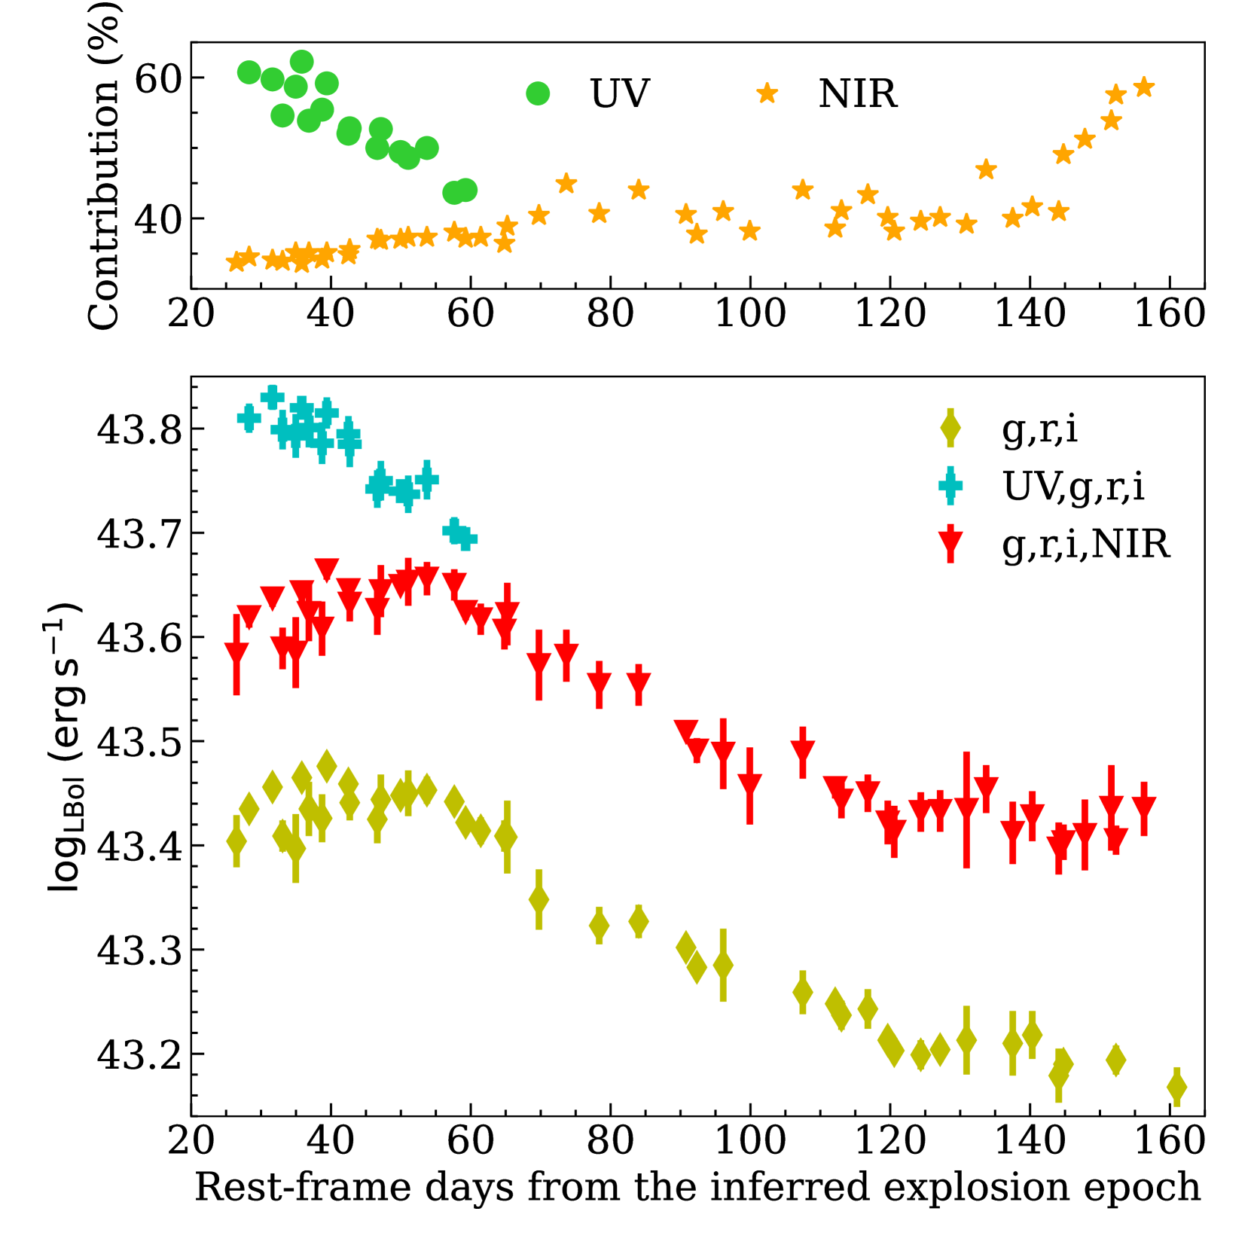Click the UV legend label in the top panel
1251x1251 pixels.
tap(620, 94)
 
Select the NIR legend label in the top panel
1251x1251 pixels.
tap(858, 94)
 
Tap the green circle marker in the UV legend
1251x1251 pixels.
tap(538, 93)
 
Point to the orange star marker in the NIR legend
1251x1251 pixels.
tap(767, 93)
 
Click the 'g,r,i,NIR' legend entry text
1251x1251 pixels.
tap(1086, 544)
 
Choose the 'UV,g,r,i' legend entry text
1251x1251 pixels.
tap(1073, 487)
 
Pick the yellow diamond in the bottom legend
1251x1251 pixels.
tap(950, 429)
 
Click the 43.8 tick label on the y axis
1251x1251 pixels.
tap(140, 430)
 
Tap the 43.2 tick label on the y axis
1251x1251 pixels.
tap(140, 1055)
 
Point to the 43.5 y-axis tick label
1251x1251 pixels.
tap(140, 743)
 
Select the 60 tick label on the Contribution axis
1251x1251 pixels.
tap(158, 78)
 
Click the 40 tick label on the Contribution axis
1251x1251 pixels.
tap(158, 220)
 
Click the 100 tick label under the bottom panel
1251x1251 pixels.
tap(750, 1140)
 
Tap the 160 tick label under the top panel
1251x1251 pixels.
tap(1170, 313)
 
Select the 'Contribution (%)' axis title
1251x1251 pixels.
tap(104, 166)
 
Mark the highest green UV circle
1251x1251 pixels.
tap(301, 62)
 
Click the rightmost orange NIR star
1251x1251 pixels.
tap(1144, 87)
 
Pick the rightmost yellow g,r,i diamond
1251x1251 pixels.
tap(1176, 1087)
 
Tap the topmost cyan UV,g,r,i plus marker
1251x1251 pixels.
tap(272, 397)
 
